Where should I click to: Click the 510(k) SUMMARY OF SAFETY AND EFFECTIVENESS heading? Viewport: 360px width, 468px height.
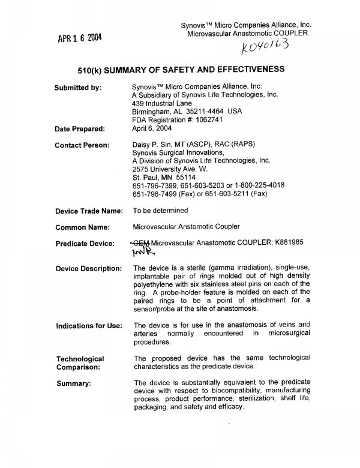click(x=181, y=69)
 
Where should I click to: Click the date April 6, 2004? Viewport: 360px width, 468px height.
click(x=154, y=128)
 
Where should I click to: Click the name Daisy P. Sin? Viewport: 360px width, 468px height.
click(x=155, y=145)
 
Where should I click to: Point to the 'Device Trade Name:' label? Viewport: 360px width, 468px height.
click(x=89, y=211)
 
